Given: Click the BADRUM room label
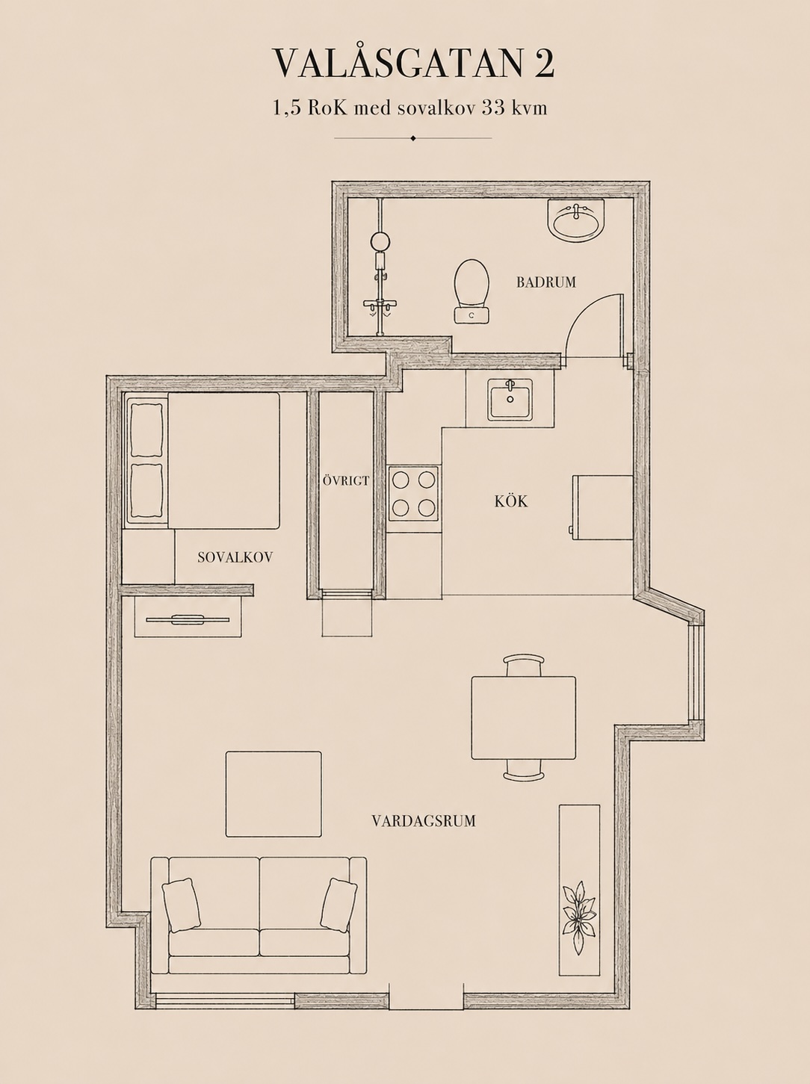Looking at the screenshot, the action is [x=546, y=282].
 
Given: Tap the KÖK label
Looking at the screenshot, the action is [x=511, y=501].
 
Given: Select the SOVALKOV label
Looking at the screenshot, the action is [x=235, y=557].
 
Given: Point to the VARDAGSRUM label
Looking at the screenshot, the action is [x=424, y=821].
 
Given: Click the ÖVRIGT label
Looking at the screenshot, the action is [x=346, y=481].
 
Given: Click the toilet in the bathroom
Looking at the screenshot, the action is [x=472, y=291].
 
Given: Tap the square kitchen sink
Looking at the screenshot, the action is [x=510, y=400].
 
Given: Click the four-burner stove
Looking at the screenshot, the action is [x=414, y=493].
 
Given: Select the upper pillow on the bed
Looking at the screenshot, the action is [x=146, y=429].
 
